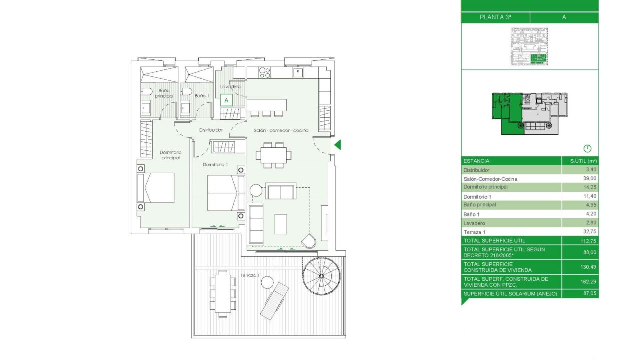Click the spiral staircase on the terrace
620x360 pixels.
tap(321, 276)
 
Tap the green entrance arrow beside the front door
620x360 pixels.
tap(338, 145)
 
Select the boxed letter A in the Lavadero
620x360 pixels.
tap(226, 100)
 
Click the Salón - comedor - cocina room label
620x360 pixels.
tap(281, 130)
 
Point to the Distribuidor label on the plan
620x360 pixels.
tap(211, 130)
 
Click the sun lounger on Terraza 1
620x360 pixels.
tap(274, 301)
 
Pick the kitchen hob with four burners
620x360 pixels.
tap(264, 72)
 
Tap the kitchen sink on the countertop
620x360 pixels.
tap(298, 73)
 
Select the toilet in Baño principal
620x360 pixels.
tap(147, 91)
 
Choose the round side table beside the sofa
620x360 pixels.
tap(256, 190)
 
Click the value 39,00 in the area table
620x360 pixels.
tap(591, 179)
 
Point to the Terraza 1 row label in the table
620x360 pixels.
tap(474, 232)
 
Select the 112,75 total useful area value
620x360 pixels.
tap(588, 241)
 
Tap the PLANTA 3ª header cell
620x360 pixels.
tap(495, 17)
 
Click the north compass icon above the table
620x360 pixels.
tap(587, 149)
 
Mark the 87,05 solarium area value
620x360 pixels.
tap(590, 293)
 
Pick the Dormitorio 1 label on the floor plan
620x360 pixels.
tap(215, 165)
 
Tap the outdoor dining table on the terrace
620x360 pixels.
tap(223, 294)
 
